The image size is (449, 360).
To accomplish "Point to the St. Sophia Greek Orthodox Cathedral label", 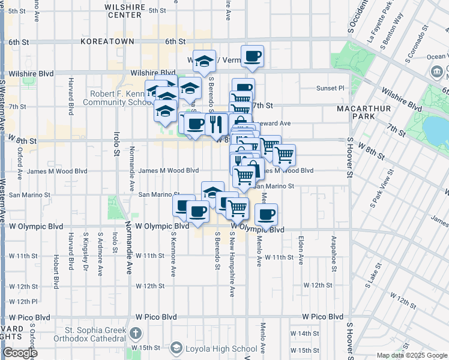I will coord(95,334).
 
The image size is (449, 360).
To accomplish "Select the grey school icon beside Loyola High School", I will coord(176,347).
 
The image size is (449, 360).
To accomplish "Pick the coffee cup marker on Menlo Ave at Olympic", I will coord(266,214).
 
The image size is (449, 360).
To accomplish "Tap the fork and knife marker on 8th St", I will coord(215,124).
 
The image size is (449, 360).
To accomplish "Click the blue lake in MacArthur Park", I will coord(437,126).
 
